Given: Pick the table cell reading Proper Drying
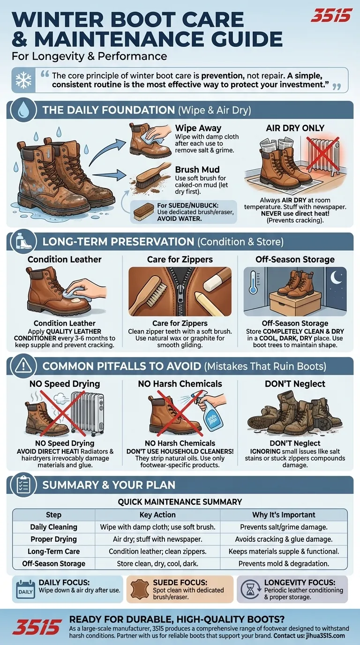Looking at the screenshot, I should pyautogui.click(x=53, y=539).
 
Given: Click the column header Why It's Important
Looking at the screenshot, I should pyautogui.click(x=284, y=515).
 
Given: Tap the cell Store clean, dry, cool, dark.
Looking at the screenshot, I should pyautogui.click(x=157, y=563).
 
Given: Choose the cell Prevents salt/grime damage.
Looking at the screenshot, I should pyautogui.click(x=284, y=527).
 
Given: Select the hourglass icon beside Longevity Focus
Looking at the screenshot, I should pyautogui.click(x=250, y=589).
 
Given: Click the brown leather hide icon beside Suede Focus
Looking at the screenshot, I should pyautogui.click(x=139, y=589).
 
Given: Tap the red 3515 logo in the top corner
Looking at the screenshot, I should pyautogui.click(x=331, y=15).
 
